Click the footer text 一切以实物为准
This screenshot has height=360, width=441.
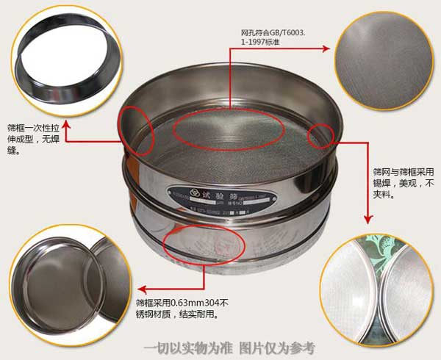click(188, 348)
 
